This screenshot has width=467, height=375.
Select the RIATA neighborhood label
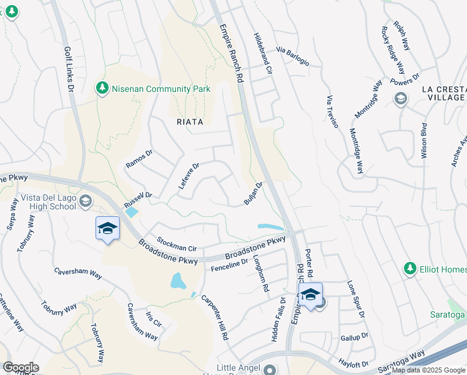[x=185, y=122]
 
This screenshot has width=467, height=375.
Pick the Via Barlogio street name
[x=292, y=54]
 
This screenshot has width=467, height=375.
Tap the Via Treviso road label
[x=332, y=112]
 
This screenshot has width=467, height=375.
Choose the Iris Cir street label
[x=153, y=319]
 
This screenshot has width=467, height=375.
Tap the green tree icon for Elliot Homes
[x=410, y=269]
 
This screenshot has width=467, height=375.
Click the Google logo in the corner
[x=21, y=367]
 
